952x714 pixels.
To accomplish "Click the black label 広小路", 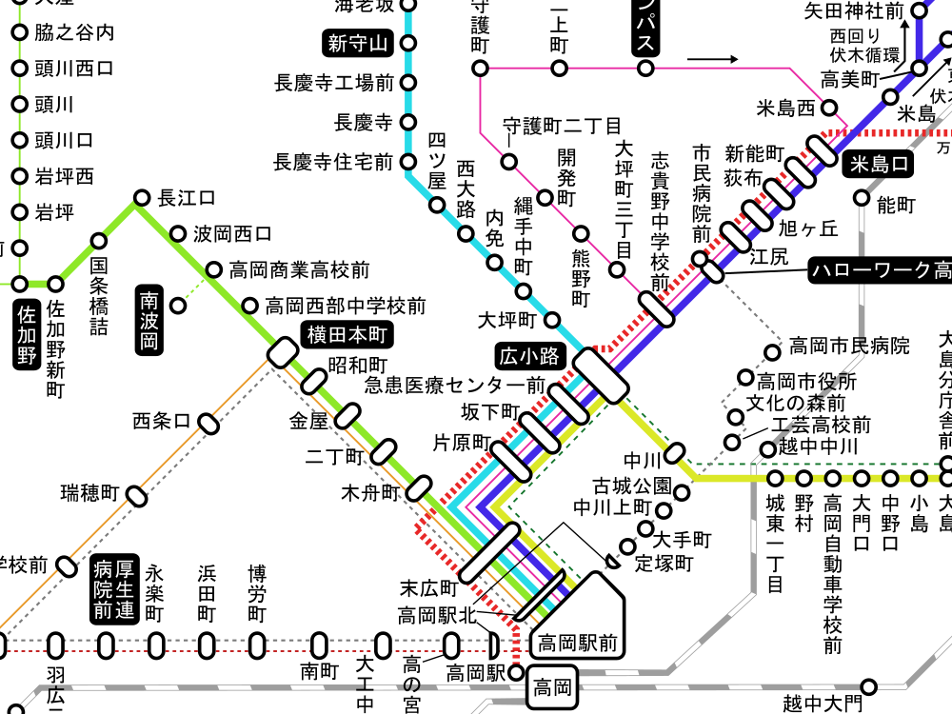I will point(530,357).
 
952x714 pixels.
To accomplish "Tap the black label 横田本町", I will point(347,334).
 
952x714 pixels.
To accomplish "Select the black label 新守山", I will point(358,43).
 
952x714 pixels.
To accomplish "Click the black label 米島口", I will point(877,165).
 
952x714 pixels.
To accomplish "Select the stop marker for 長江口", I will point(142,198).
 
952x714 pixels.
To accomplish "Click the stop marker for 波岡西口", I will point(178,233).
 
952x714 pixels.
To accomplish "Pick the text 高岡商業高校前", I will point(300,270).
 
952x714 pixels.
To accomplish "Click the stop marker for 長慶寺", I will point(409,122).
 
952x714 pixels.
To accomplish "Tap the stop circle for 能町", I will point(862,198).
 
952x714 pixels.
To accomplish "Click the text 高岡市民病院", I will point(849,345).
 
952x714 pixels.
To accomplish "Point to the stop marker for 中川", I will point(675,451).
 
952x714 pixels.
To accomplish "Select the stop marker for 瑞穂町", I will point(137,495).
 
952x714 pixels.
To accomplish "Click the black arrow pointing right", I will point(712,59).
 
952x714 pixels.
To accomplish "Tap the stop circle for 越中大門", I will point(868,685).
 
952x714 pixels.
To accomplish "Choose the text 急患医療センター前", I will point(455,386).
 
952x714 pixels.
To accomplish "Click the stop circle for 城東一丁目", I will point(776,477).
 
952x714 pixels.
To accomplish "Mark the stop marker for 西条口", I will point(208,421).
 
